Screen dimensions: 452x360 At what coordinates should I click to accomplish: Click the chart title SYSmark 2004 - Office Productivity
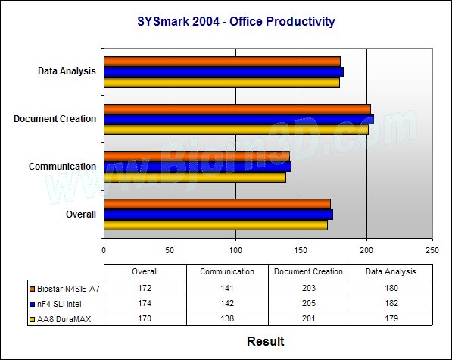235,22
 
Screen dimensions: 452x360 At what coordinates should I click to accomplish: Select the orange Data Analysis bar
223,61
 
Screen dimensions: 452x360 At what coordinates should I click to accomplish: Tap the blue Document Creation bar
239,120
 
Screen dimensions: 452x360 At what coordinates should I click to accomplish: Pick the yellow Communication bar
195,177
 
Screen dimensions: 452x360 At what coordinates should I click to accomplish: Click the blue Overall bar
219,214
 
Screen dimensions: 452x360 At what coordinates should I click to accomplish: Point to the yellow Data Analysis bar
222,83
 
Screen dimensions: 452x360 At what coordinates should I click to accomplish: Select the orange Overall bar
217,204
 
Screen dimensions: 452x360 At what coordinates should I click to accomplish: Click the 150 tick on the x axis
301,250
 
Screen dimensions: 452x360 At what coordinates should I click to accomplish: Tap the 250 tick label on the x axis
432,250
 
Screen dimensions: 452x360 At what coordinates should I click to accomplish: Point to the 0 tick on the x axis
104,250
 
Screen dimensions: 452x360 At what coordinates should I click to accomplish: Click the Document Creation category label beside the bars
55,119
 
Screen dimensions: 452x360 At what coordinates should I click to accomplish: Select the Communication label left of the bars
62,167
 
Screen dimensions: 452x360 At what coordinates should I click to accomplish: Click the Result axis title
266,341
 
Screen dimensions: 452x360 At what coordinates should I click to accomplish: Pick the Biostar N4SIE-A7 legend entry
65,289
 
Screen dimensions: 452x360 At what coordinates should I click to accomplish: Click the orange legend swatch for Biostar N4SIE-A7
33,289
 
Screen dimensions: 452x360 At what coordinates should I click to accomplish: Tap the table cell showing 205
309,303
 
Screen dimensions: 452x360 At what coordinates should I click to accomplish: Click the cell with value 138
227,318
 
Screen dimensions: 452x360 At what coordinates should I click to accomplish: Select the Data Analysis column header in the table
391,272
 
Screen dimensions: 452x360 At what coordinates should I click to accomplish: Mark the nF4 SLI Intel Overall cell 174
145,303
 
